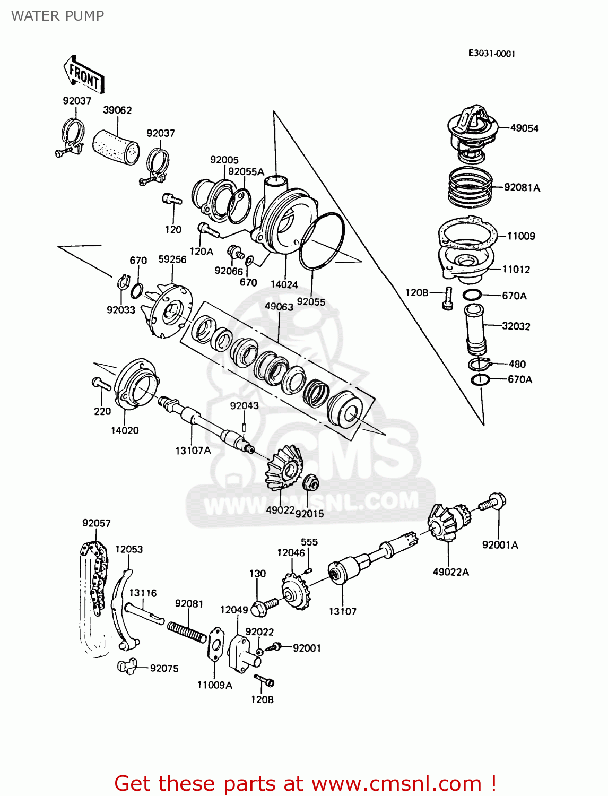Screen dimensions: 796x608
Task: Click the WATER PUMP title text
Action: [x=57, y=16]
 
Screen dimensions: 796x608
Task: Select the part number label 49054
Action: [x=524, y=128]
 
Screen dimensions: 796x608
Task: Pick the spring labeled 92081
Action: [x=187, y=631]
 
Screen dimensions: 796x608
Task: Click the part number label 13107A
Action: [x=193, y=451]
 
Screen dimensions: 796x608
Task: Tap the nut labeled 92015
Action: [x=310, y=483]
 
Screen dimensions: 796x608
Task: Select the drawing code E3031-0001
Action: [x=491, y=53]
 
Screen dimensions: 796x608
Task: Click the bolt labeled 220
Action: [x=101, y=384]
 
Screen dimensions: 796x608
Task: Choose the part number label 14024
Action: [x=284, y=284]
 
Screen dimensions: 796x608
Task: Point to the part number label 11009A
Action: [x=214, y=685]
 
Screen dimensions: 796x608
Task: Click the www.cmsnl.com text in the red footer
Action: [x=396, y=783]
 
